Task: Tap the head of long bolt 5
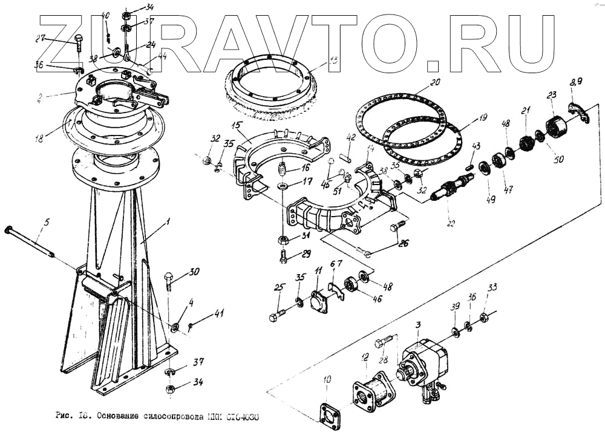pos(8,229)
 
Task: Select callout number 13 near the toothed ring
pos(332,62)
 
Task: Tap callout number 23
pos(551,96)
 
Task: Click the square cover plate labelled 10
pos(330,413)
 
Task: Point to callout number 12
pos(364,359)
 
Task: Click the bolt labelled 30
pos(169,280)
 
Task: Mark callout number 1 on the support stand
pos(168,222)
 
